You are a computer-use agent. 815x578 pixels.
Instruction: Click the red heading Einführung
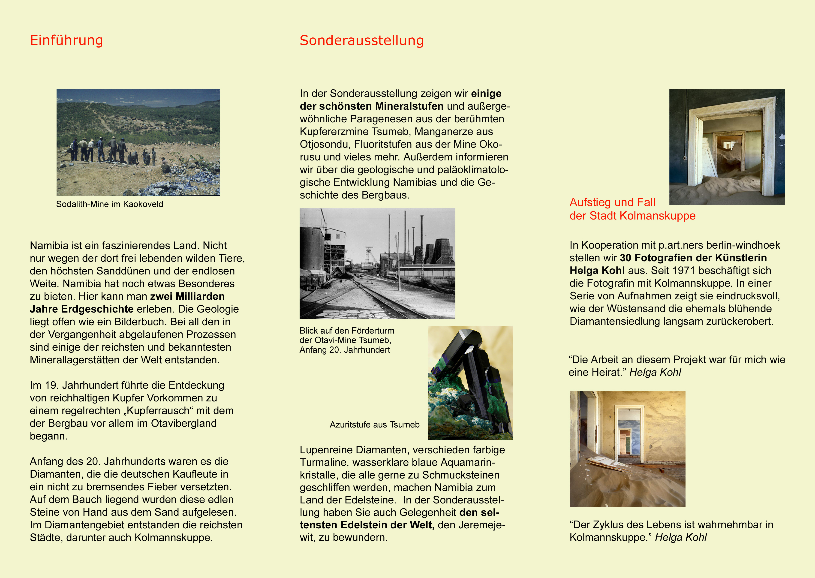[66, 40]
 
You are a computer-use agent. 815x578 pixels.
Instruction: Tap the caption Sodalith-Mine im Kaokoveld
[110, 204]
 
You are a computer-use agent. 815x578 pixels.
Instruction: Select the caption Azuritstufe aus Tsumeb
[374, 424]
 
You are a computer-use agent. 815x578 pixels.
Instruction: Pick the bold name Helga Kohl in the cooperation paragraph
[597, 271]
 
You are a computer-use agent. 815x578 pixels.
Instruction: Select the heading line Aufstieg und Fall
[612, 202]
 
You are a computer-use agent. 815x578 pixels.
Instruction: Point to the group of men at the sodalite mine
[107, 150]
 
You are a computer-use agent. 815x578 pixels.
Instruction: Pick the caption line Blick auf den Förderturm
[347, 331]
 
